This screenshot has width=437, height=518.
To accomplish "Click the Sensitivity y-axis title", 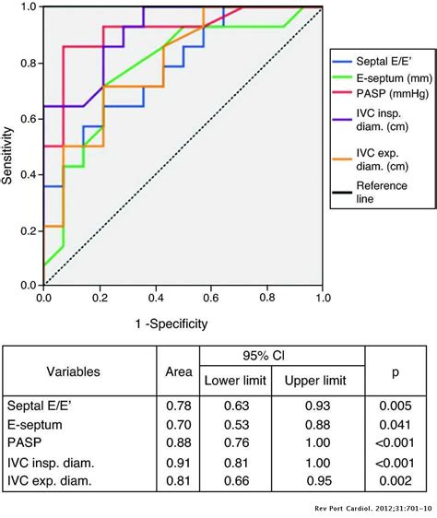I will pyautogui.click(x=9, y=147).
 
